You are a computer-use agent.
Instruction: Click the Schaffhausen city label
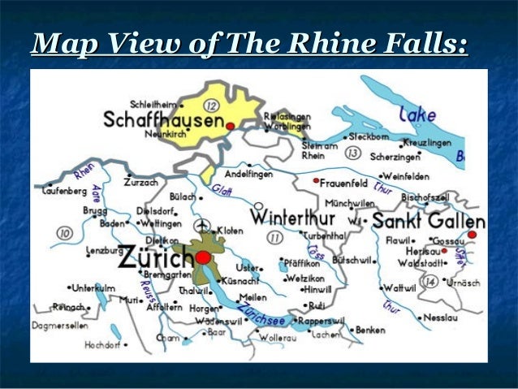pyautogui.click(x=163, y=121)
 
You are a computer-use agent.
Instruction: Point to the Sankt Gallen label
pyautogui.click(x=429, y=221)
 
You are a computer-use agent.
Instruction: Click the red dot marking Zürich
pyautogui.click(x=203, y=257)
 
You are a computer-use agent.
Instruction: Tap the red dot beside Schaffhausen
pyautogui.click(x=231, y=126)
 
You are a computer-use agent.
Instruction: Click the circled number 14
pyautogui.click(x=431, y=282)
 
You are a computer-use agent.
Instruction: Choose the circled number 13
pyautogui.click(x=352, y=152)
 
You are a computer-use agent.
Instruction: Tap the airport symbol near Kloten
pyautogui.click(x=203, y=225)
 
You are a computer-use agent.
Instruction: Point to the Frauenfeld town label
pyautogui.click(x=344, y=183)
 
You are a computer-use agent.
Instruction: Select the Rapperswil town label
pyautogui.click(x=322, y=320)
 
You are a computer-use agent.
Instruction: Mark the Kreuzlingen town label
pyautogui.click(x=427, y=142)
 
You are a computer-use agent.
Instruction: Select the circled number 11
pyautogui.click(x=275, y=238)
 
